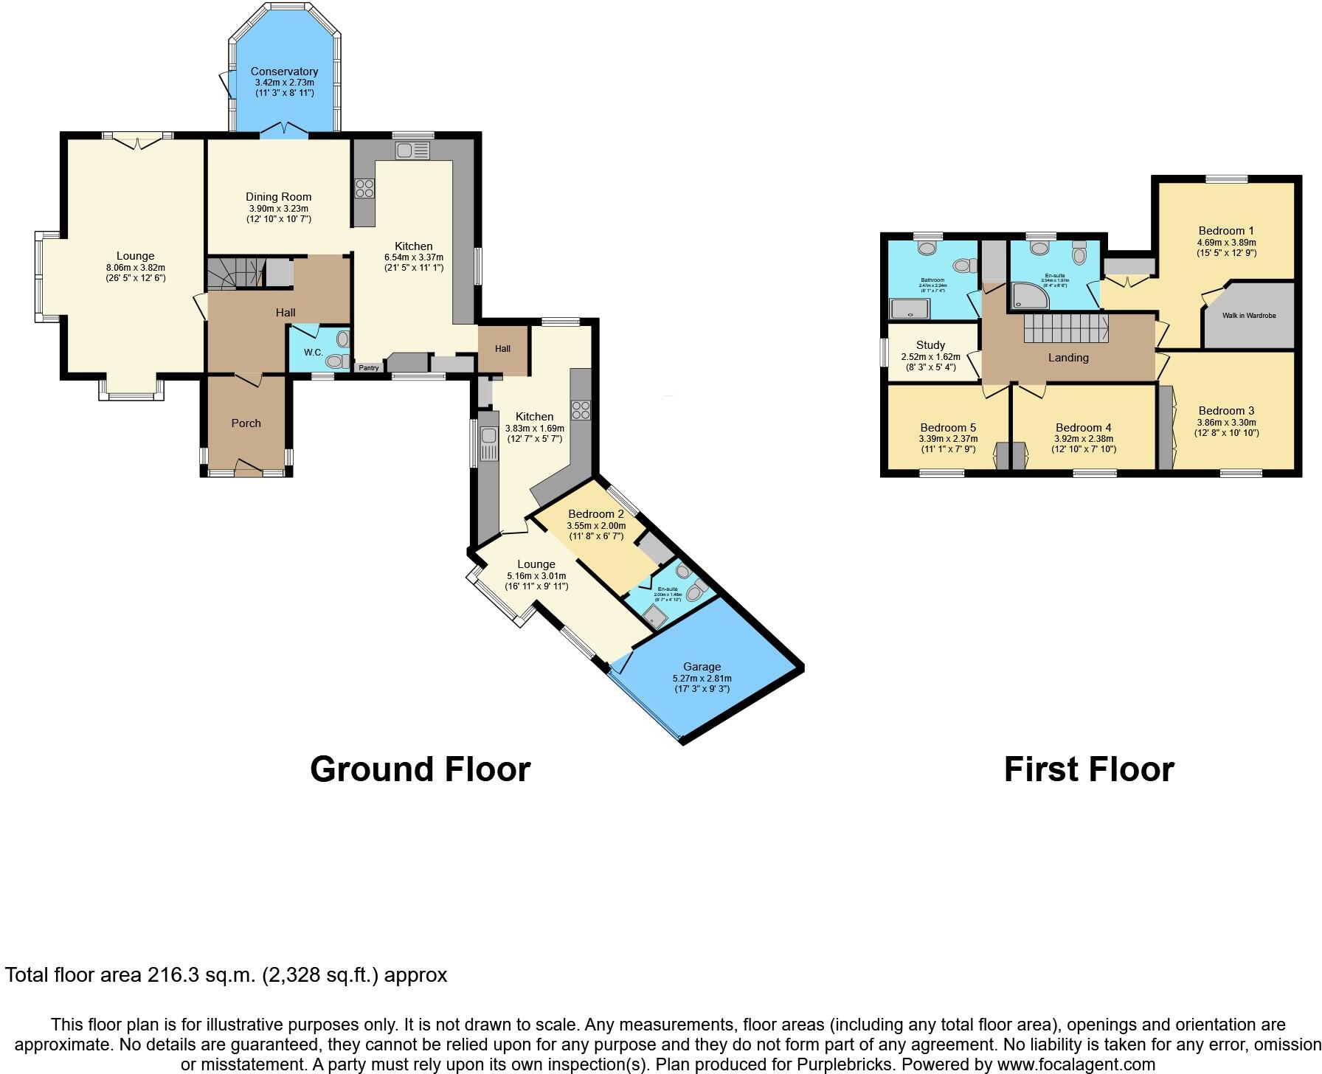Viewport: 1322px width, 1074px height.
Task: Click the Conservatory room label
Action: (284, 72)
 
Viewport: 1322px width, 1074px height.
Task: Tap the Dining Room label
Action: (279, 197)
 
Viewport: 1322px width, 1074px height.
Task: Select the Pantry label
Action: (368, 367)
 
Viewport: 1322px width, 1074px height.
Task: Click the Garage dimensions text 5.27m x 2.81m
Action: (702, 679)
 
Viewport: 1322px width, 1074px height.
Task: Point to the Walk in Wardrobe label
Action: (1249, 316)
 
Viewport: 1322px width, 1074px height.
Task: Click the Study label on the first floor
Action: (930, 345)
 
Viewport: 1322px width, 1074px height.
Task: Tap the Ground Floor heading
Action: (420, 769)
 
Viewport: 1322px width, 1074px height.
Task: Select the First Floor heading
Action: (1088, 769)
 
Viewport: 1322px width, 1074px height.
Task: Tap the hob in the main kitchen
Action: (364, 188)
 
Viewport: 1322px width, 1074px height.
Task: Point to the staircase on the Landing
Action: (1065, 327)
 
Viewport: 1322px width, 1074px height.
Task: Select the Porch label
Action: (246, 423)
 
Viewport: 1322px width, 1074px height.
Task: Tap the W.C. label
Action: (314, 353)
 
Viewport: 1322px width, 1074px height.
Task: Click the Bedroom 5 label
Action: (948, 428)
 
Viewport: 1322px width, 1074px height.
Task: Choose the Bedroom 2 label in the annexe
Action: (596, 514)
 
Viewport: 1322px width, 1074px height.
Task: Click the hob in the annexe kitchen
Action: (581, 410)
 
